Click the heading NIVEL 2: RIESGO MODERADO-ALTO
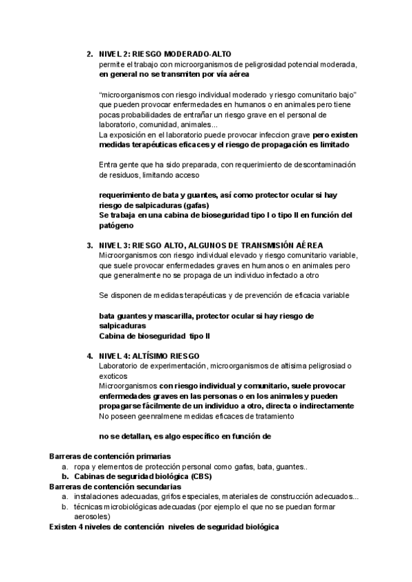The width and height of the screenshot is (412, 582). [x=165, y=54]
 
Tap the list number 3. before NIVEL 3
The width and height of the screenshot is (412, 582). [x=90, y=245]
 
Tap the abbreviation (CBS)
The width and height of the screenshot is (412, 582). [x=180, y=476]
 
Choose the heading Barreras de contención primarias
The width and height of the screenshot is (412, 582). [x=111, y=456]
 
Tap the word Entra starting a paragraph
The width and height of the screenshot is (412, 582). [x=109, y=165]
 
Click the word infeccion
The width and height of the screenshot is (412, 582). [x=253, y=135]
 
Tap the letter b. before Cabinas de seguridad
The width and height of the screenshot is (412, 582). [x=65, y=476]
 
